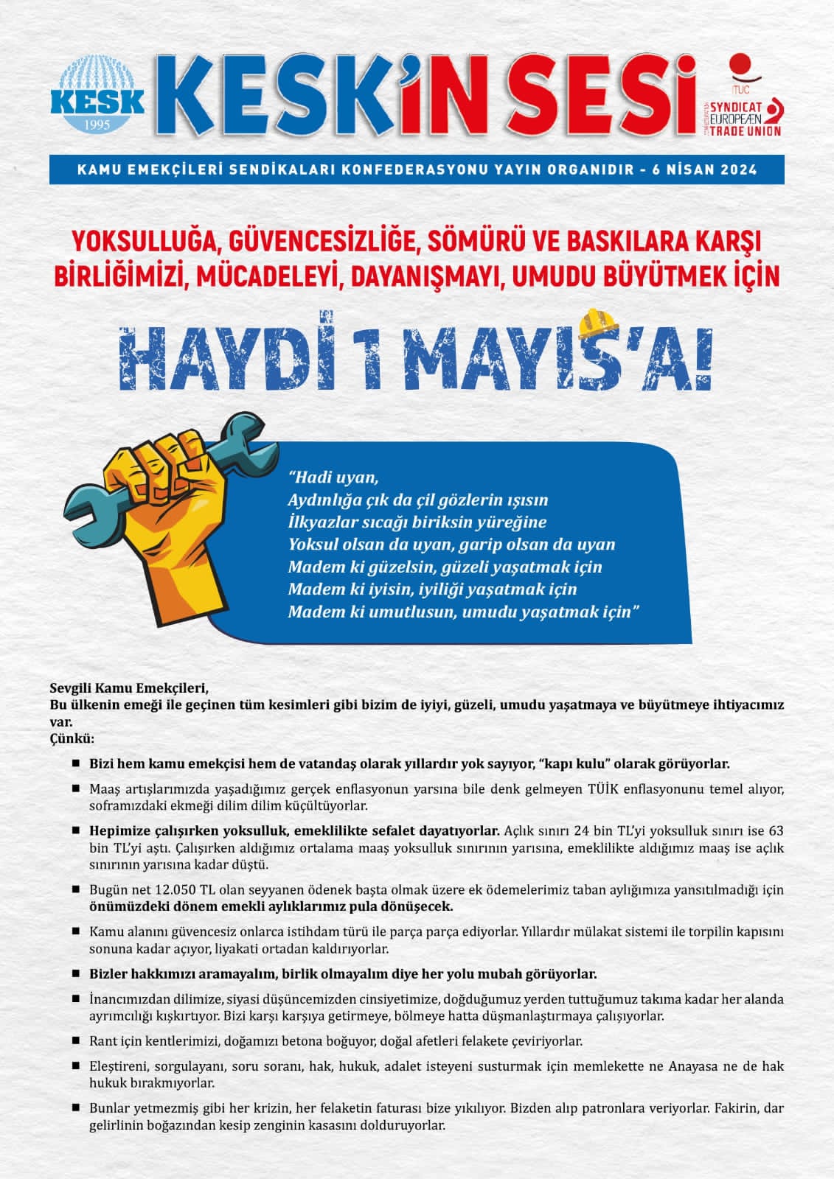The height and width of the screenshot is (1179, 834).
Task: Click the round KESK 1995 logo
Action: tap(98, 96)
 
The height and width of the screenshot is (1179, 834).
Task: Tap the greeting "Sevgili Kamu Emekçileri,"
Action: tap(129, 689)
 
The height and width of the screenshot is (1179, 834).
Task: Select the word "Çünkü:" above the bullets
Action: tap(72, 738)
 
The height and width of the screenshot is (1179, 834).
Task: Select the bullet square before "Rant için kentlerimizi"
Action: tap(76, 1040)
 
